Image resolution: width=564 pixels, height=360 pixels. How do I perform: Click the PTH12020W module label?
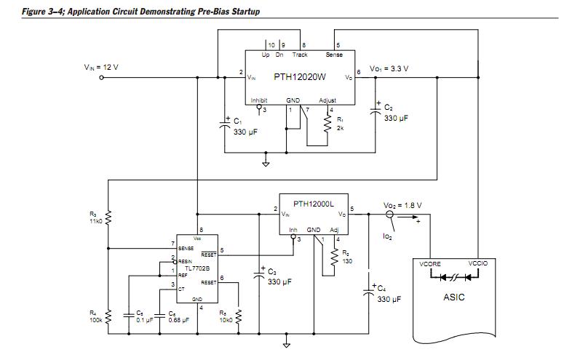(299, 76)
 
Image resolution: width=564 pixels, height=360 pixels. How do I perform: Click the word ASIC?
(454, 297)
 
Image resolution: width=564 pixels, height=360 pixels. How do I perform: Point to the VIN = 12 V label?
(101, 67)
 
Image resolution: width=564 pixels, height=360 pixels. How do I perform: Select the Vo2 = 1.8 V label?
(402, 206)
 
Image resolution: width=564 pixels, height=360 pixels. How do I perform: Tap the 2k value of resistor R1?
(340, 127)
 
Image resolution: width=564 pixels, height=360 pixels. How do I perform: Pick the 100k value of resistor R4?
(95, 319)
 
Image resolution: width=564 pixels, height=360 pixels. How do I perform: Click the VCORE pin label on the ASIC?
(430, 265)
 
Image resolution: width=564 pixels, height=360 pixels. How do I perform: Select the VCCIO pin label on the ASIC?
(477, 265)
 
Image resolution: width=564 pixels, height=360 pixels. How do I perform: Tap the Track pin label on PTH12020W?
(300, 55)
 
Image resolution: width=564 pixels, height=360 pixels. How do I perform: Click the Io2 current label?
(387, 237)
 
